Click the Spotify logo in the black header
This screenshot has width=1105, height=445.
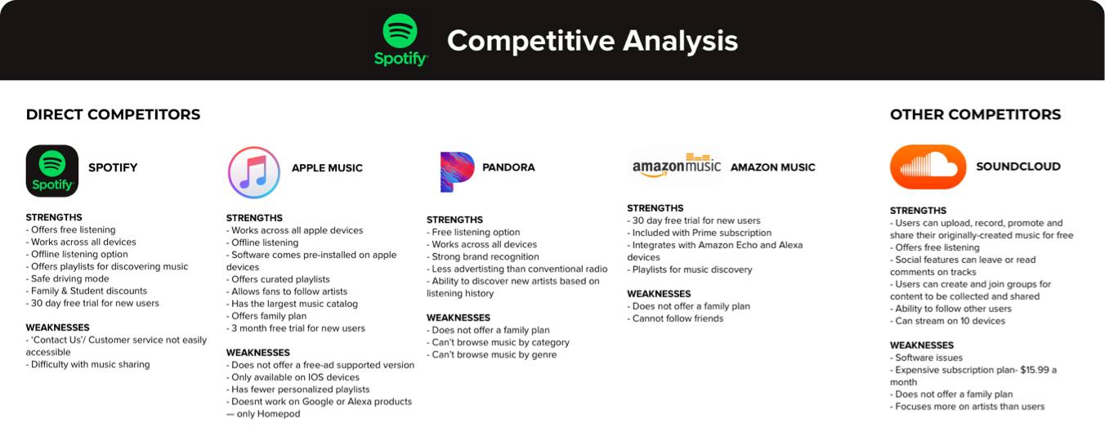(400, 40)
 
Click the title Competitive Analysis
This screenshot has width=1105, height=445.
(593, 40)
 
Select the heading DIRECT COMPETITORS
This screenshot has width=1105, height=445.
(113, 114)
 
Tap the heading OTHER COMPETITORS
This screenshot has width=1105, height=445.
(975, 114)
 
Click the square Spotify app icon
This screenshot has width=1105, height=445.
(52, 171)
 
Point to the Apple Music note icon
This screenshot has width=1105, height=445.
(254, 172)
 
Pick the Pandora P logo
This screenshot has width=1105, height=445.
(457, 172)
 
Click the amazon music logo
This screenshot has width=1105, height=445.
(676, 166)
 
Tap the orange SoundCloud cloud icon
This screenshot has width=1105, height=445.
(928, 167)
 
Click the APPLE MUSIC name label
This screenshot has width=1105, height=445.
(327, 168)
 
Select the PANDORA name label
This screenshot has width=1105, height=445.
(508, 167)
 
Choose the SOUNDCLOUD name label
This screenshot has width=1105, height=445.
(1018, 167)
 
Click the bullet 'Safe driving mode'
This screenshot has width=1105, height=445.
(68, 279)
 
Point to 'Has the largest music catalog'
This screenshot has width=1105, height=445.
(292, 304)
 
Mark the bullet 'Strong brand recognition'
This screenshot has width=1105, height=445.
(483, 256)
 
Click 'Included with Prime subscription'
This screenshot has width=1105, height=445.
(699, 233)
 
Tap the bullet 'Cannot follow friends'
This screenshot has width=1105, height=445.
(675, 318)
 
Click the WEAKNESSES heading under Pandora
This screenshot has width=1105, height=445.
(459, 318)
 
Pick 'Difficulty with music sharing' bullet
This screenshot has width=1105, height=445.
(87, 365)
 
